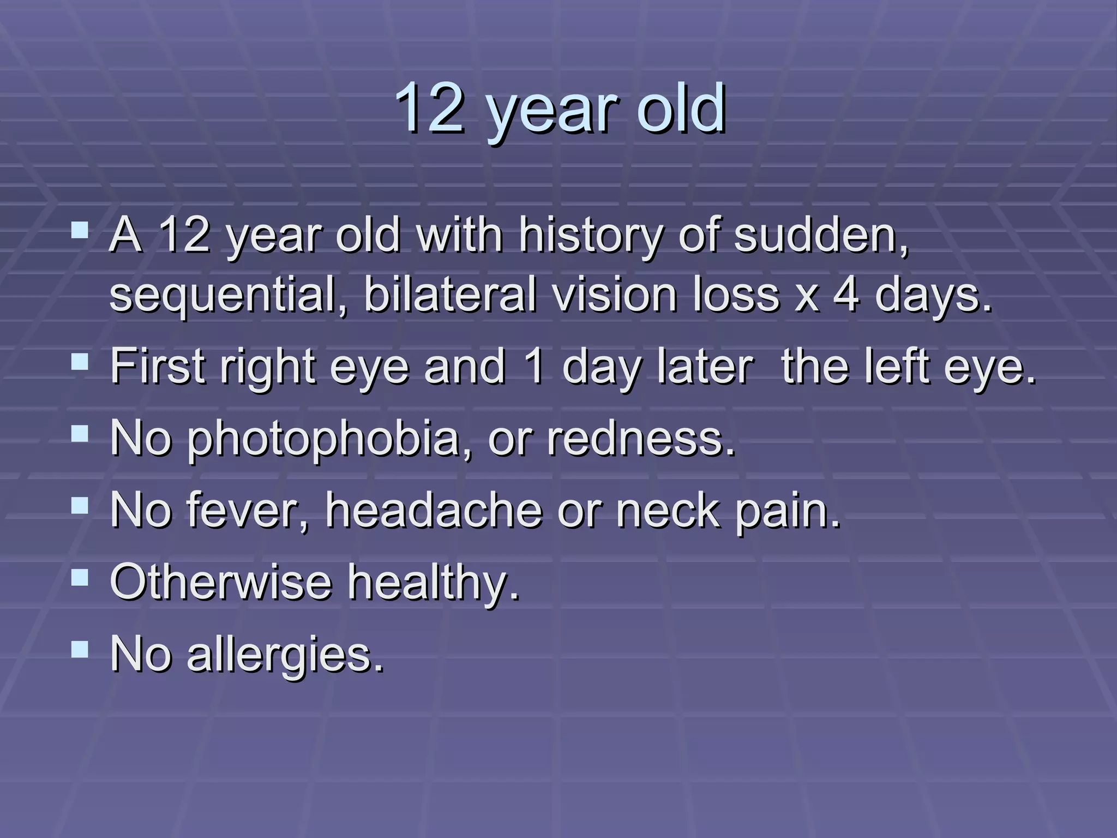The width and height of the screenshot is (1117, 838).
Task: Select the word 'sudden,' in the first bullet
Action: (x=821, y=236)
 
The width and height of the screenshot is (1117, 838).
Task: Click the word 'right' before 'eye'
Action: (x=268, y=368)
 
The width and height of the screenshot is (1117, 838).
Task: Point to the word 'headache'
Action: (x=434, y=510)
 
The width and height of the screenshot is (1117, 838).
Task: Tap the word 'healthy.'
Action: (x=434, y=583)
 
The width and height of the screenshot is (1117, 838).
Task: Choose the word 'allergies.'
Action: (x=286, y=655)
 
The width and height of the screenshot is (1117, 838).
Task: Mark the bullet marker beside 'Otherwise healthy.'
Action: (x=80, y=577)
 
